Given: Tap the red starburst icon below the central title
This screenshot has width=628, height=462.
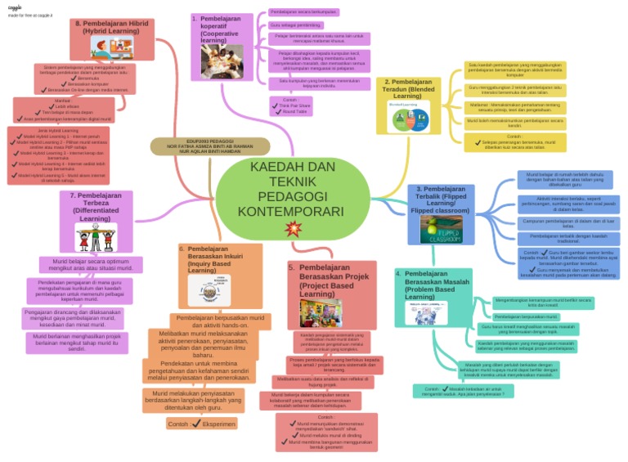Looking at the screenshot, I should [x=292, y=230].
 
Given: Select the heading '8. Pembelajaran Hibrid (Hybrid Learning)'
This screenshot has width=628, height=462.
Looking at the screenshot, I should [x=111, y=27].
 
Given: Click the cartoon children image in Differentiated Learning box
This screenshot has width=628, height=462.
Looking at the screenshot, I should [x=96, y=237].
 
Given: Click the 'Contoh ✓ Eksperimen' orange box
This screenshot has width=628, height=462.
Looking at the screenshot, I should [x=201, y=424].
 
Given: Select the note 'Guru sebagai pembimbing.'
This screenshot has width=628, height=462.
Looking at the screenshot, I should [x=295, y=25].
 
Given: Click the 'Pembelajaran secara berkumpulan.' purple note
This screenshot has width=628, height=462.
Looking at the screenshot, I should [x=303, y=12].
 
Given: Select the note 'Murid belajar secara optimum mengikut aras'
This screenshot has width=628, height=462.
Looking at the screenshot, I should [x=91, y=263].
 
